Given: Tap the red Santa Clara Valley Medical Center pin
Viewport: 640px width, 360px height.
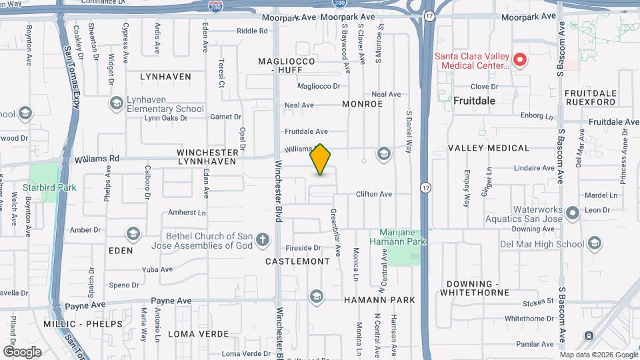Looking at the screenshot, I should (520, 61).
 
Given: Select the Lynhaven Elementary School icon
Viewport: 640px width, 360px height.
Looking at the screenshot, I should (117, 103).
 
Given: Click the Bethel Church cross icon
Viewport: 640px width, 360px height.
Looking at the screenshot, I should (263, 240).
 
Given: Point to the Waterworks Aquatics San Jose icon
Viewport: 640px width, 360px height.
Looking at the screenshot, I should (572, 213).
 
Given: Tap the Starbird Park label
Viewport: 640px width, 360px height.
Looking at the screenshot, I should (49, 187).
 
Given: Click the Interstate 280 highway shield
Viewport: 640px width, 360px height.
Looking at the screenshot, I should (215, 6).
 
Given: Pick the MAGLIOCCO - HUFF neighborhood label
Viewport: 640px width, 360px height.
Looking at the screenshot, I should (286, 65).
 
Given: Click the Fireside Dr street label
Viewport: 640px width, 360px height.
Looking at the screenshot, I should (304, 247).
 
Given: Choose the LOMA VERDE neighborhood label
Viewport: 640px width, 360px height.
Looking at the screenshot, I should (198, 333).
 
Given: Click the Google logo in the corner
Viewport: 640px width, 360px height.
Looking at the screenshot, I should (22, 351).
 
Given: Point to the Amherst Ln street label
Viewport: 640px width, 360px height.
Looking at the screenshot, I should (187, 213).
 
